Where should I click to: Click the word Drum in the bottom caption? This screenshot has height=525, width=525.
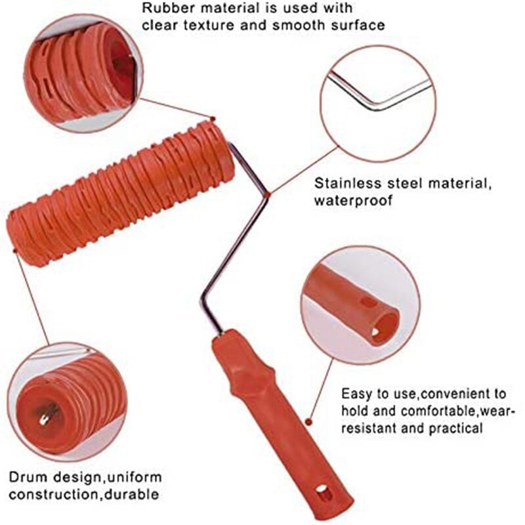pyautogui.click(x=27, y=476)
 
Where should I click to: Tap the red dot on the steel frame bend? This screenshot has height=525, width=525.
pyautogui.click(x=268, y=194)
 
